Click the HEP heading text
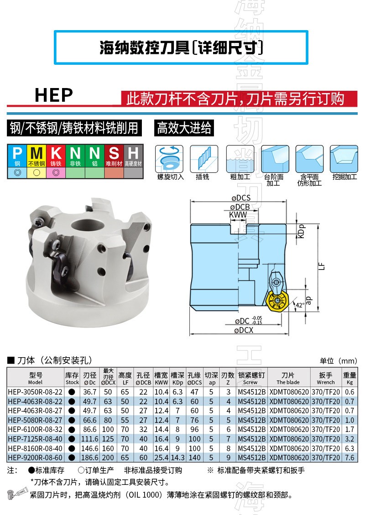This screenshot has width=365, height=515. click(53, 95)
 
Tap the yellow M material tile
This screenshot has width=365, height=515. click(36, 156)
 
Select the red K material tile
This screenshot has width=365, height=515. click(56, 156)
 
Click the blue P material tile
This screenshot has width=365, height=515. click(17, 156)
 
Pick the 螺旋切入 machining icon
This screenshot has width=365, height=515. click(169, 159)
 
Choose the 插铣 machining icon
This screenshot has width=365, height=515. click(204, 159)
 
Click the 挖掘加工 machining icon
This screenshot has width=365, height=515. click(344, 159)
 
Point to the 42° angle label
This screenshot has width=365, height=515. click(300, 305)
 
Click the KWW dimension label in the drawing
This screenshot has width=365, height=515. click(238, 215)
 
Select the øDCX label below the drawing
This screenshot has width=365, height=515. click(244, 330)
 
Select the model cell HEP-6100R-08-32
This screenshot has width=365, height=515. click(35, 429)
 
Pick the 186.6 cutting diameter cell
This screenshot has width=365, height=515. click(90, 458)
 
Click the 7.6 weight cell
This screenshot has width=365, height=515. click(349, 458)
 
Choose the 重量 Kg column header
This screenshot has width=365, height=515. click(349, 378)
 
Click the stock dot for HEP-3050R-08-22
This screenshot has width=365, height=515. click(72, 392)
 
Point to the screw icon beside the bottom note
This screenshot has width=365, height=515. click(17, 493)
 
